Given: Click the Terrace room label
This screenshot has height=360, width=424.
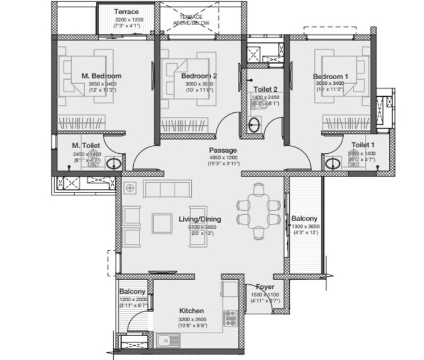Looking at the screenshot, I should coord(127,12).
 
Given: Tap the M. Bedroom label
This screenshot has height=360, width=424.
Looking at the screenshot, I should coord(101,76).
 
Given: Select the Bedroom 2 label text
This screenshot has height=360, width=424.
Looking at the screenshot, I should coord(199,76).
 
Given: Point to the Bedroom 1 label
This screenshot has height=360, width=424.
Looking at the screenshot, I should coord(331,76).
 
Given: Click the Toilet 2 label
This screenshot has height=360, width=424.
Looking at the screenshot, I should coord(266,89).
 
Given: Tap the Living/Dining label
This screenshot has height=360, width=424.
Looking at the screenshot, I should coord(200,219).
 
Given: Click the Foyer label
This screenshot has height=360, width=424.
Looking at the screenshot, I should coord(265,287).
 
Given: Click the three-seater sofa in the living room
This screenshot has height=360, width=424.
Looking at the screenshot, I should coord(168,189).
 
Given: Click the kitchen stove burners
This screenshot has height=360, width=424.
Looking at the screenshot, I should coord(230,317).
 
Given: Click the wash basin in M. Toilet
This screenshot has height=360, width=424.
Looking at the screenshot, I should coord(113,165).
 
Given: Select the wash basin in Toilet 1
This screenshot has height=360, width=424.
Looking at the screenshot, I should coord(332,165).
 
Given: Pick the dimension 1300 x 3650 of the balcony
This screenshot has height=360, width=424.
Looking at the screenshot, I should coord(307,227).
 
